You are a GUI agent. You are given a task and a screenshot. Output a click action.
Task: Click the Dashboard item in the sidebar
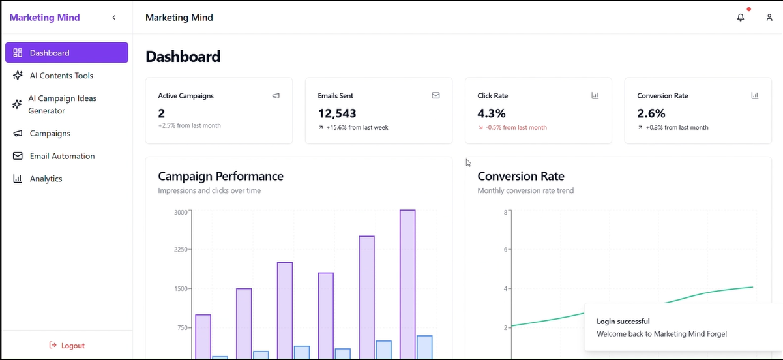66,53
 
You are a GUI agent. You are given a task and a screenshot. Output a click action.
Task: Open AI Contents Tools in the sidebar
61,76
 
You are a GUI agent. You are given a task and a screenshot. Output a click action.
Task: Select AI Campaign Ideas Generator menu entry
62,104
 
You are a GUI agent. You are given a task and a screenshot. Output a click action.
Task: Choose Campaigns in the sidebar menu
50,133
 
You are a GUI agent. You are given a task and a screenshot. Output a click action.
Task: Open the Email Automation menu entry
62,156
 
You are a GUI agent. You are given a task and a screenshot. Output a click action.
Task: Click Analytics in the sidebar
46,179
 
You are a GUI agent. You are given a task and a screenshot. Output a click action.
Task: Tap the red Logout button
66,346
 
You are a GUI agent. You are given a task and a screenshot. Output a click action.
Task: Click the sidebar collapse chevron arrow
114,18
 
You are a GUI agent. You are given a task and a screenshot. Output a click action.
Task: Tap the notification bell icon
741,18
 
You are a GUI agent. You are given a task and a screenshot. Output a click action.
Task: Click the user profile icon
769,18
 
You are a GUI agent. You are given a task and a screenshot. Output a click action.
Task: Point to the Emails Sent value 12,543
337,113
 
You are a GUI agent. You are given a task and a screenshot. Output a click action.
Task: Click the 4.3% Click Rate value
492,113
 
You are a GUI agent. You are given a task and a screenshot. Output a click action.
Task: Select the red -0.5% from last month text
516,128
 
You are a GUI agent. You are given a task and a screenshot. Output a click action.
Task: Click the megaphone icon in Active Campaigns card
276,95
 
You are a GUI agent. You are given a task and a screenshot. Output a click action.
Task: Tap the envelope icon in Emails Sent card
436,95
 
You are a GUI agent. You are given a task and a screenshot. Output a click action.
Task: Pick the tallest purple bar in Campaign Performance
407,284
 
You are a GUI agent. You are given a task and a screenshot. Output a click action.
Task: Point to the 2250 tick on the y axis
181,249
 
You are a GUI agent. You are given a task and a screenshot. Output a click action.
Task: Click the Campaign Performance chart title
220,176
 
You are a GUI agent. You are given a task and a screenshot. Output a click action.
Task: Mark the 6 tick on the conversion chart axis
505,249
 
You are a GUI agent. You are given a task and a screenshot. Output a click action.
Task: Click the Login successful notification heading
623,321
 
